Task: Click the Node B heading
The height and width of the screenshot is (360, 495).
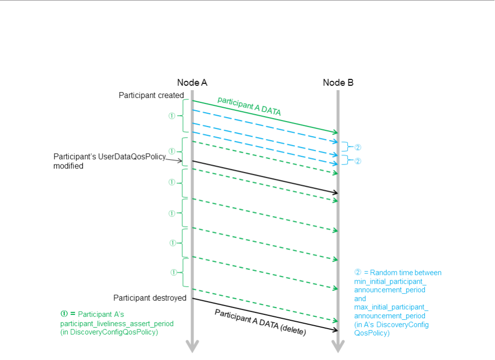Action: coord(338,83)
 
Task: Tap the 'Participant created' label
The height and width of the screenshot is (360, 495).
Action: coord(151,95)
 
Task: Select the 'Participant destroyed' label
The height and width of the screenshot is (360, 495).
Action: coord(149,298)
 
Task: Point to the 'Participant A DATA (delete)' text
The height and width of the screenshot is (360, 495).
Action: coord(260,322)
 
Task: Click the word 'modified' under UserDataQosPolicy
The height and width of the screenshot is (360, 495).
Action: coord(68,166)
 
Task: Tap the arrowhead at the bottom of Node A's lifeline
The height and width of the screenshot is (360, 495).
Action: coord(192,346)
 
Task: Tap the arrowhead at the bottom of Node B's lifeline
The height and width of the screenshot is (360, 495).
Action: coord(338,346)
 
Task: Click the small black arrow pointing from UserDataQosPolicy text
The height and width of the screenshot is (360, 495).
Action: coord(174,160)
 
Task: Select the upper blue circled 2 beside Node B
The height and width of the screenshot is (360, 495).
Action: coord(358,147)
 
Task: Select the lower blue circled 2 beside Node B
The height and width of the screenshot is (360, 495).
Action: coord(358,161)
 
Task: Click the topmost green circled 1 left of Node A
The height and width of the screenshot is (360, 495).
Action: coord(172,116)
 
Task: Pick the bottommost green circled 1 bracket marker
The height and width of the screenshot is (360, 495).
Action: coord(173,272)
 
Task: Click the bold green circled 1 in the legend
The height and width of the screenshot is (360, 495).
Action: coord(64,314)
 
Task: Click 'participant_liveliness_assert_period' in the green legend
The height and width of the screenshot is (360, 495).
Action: coord(117,324)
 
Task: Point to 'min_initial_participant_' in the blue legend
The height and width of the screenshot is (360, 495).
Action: coord(390,281)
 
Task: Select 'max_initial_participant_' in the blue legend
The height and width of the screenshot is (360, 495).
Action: coord(391,307)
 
